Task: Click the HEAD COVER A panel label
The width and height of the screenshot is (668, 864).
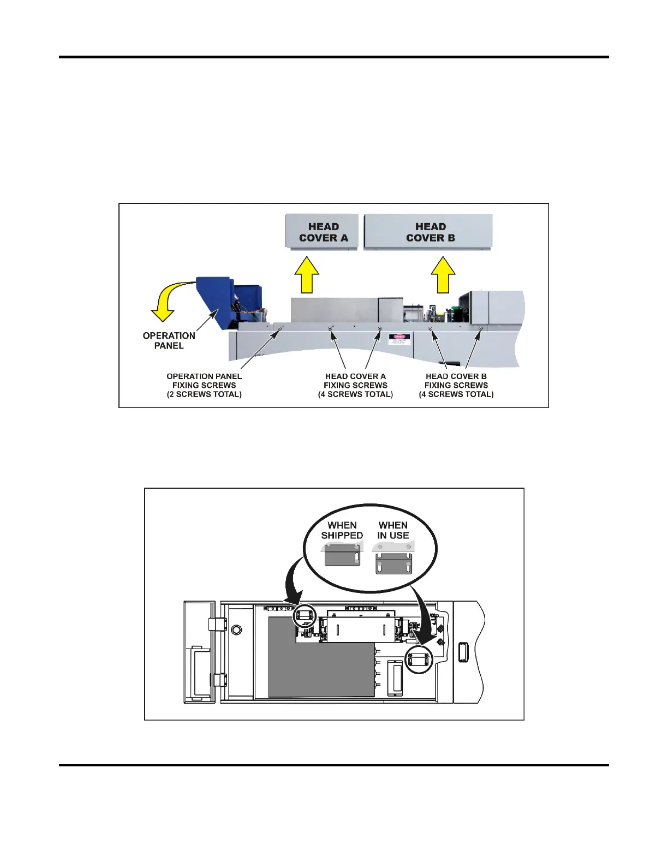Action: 323,232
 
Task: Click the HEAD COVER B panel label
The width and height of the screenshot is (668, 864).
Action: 430,232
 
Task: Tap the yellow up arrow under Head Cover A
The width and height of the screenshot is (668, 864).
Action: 307,275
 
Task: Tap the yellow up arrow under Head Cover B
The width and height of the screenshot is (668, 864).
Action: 443,275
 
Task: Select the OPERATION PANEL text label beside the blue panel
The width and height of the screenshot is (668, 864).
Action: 169,340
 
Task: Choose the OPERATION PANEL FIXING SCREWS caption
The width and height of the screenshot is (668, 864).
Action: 204,385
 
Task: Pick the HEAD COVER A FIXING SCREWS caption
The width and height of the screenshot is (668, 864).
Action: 355,385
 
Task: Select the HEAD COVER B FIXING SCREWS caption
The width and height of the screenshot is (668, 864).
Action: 456,385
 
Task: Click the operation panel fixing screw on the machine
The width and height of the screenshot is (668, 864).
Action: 279,328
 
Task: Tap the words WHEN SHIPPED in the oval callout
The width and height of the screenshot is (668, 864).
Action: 342,530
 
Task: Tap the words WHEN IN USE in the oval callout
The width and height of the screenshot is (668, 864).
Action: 393,530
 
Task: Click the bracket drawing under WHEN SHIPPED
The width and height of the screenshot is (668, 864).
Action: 342,557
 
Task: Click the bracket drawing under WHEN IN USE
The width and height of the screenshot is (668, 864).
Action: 393,562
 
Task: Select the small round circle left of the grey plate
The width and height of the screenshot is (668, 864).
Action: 236,630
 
